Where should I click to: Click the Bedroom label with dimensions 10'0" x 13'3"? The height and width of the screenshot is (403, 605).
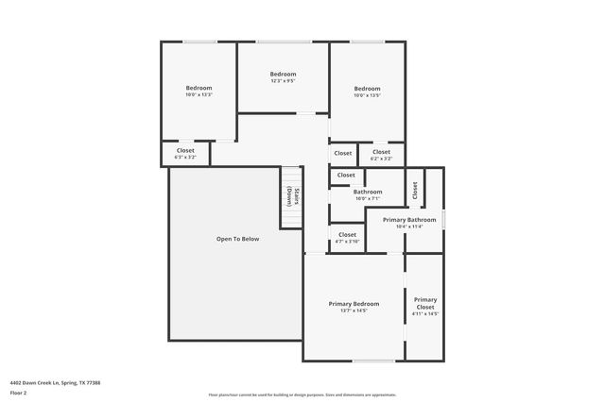pos(199,88)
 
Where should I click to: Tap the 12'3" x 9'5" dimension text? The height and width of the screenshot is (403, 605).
pos(283,82)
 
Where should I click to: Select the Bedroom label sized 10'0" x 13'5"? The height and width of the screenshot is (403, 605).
pos(367,89)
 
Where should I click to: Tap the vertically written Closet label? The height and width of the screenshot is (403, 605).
pos(415,190)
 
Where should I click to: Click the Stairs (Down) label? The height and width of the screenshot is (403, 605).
pos(292,196)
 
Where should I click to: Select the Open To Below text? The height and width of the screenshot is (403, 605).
pos(237,239)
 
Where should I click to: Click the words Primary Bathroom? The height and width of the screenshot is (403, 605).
pos(408,220)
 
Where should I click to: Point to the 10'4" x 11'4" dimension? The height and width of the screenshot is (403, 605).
pos(408,227)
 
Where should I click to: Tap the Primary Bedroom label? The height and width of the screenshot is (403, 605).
pos(354,303)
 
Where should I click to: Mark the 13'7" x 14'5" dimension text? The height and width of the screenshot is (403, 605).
pos(354,311)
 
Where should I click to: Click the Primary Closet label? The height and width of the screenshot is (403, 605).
pos(425,303)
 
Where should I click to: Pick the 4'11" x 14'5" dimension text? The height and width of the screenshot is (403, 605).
pos(425,314)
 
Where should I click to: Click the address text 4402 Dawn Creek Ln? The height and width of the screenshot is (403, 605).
pos(55,383)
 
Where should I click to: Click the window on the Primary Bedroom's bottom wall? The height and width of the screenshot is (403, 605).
pos(374,361)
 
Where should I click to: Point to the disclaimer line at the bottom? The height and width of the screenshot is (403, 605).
pos(302,395)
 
